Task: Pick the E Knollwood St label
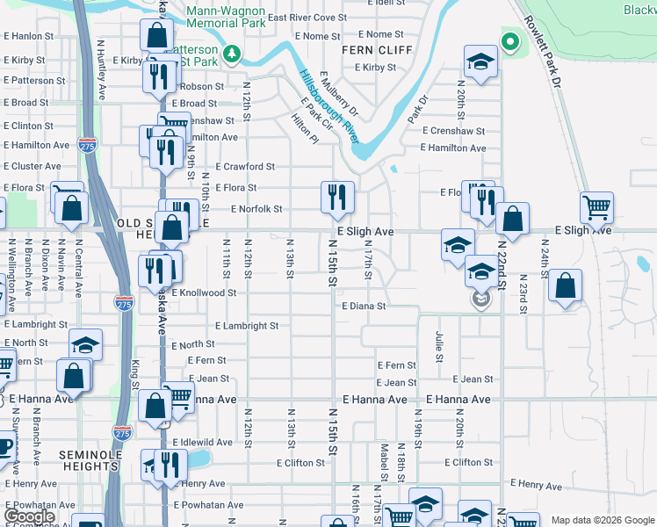point(204,292)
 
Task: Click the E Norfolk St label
point(256,209)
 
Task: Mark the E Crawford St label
point(245,166)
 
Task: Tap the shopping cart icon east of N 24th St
point(596,208)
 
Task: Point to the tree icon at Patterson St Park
point(232,55)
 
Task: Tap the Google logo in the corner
point(29,516)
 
